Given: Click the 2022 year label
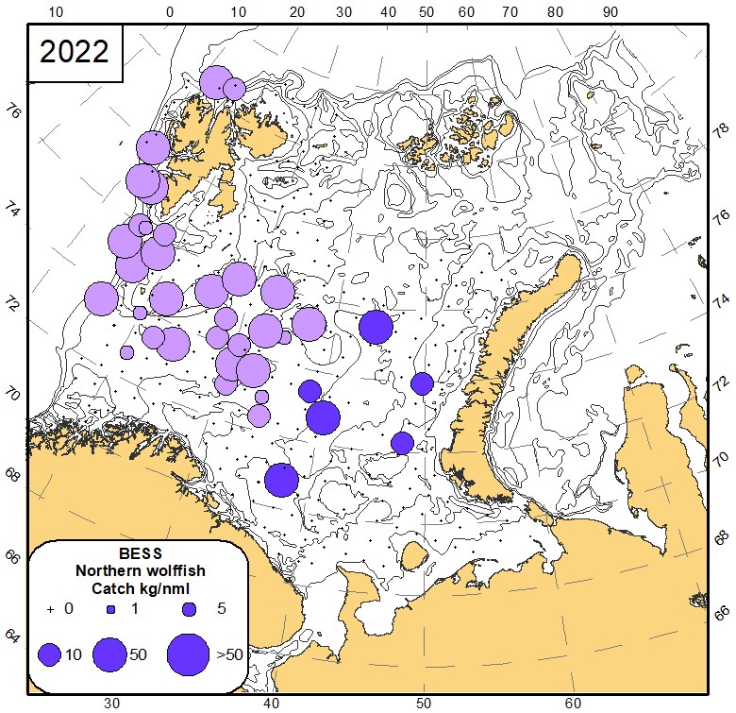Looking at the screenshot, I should tap(74, 52).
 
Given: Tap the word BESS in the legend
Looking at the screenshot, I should tap(140, 553).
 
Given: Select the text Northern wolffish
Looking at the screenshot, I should tap(140, 570).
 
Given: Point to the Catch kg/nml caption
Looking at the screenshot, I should tap(140, 587).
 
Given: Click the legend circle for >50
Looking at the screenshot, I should tap(189, 653).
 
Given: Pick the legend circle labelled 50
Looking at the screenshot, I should tap(110, 654).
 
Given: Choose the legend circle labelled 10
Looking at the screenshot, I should tap(50, 654).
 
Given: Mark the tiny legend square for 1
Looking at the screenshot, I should tap(110, 609).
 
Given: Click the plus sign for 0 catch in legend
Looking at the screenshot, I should tap(50, 609).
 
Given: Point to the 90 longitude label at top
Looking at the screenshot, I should tap(610, 12).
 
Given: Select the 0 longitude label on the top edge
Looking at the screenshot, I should tap(170, 12).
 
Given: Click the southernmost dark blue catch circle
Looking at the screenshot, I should tap(281, 480).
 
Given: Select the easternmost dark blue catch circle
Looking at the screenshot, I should tap(422, 383).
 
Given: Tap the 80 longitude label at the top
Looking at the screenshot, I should tap(555, 12).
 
